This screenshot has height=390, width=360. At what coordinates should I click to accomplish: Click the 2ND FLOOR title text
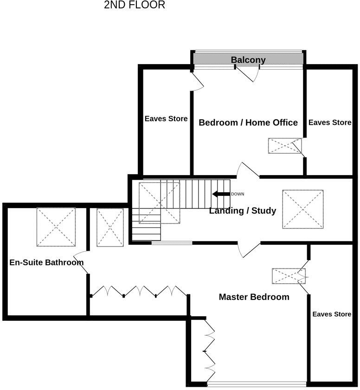tap(135, 6)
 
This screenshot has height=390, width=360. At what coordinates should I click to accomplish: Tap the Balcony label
tap(248, 60)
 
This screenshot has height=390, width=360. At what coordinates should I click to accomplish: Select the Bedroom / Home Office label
tap(248, 123)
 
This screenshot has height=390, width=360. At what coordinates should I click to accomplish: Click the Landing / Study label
tap(243, 211)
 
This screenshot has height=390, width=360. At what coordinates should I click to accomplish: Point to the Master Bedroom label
tap(254, 297)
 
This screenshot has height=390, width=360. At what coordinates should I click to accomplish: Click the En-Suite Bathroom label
tap(46, 262)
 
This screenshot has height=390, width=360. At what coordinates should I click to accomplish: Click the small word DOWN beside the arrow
tap(238, 194)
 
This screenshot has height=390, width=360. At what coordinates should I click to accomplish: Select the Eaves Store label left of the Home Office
tap(166, 118)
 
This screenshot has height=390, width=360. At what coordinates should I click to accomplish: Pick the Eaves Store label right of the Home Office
tap(330, 123)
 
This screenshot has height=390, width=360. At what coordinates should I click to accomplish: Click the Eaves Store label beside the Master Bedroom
tap(332, 314)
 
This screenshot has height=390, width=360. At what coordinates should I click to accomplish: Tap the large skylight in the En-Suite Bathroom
tap(56, 227)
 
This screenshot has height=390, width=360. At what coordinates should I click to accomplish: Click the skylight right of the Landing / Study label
tap(303, 209)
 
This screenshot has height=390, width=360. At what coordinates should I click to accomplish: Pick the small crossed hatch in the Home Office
tap(284, 146)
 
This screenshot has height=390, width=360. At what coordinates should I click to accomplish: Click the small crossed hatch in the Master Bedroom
tap(289, 276)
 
